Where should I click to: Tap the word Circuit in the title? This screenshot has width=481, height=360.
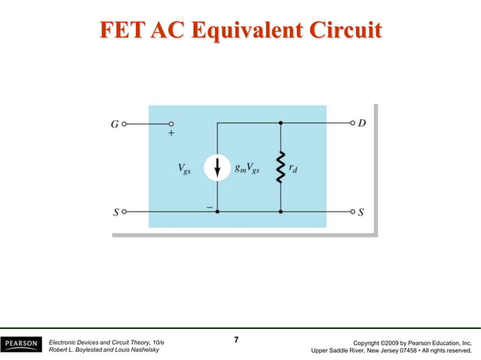[x=343, y=30]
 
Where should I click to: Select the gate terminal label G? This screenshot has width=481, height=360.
[x=114, y=124]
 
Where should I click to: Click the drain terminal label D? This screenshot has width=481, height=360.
[x=362, y=123]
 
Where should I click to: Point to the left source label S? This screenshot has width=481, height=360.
[x=115, y=212]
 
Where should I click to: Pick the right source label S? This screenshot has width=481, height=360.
[x=361, y=212]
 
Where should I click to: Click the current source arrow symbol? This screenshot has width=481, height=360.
[x=217, y=169]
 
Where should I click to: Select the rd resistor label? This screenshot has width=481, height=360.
[x=296, y=169]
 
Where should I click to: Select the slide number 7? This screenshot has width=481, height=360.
[x=236, y=340]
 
